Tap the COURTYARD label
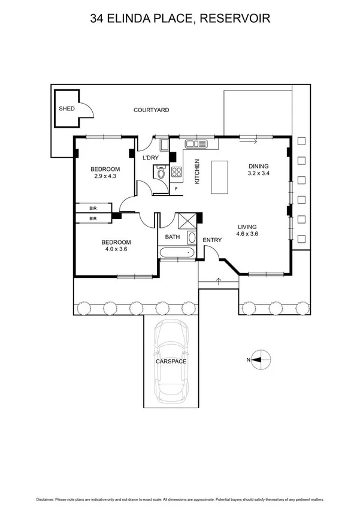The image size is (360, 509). (151, 110)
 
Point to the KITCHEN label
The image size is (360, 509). (197, 171)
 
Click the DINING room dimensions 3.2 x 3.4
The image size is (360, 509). (259, 173)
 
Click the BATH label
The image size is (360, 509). (173, 237)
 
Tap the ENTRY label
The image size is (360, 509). (212, 240)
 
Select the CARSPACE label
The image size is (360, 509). (171, 362)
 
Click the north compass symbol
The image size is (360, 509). (256, 360)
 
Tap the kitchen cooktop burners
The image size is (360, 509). (177, 173)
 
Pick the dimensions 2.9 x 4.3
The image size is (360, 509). (104, 176)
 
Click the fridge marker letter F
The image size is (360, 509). (176, 189)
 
